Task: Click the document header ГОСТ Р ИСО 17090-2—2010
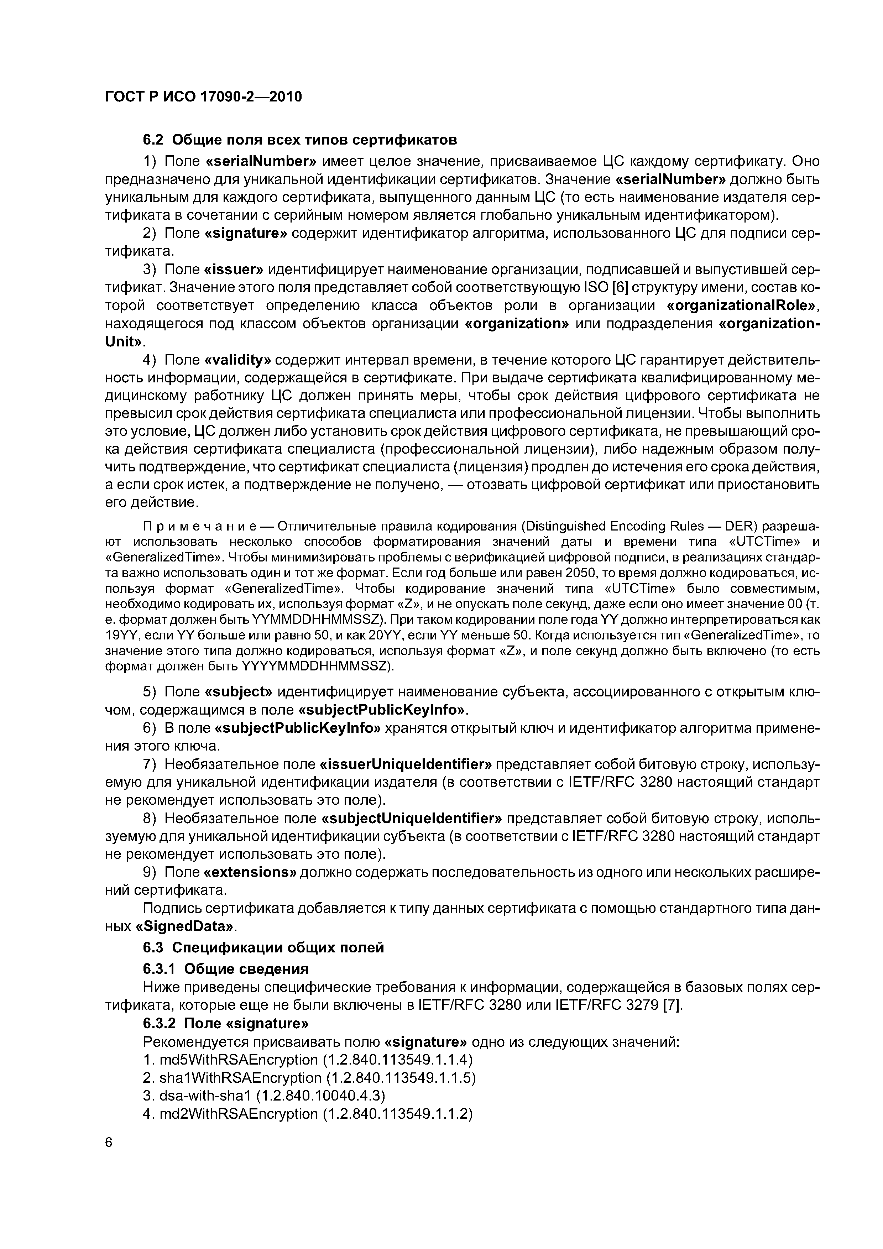203,97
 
